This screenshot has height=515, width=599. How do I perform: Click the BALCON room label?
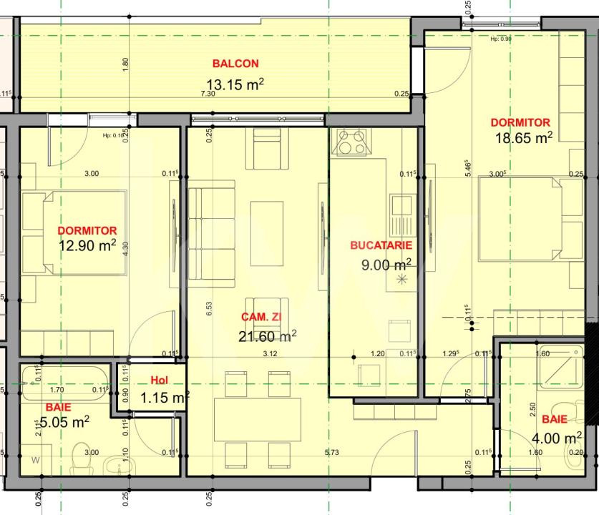tap(235, 64)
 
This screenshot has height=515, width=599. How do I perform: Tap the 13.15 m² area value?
tap(235, 84)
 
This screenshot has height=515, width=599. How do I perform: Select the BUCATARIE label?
tap(381, 245)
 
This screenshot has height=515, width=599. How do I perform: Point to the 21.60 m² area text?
tap(267, 335)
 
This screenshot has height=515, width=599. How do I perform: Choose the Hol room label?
tap(159, 381)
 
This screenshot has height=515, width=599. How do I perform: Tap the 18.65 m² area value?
tap(523, 138)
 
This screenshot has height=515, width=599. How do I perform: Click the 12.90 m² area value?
tap(87, 246)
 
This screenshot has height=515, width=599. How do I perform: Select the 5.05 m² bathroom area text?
tap(64, 422)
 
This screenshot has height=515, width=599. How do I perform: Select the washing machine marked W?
tap(35, 461)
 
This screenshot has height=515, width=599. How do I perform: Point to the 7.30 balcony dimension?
tap(208, 94)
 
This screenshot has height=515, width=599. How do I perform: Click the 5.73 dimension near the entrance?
tap(331, 452)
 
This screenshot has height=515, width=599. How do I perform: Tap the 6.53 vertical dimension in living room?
tap(209, 308)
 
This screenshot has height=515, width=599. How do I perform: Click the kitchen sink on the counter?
tap(401, 213)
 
